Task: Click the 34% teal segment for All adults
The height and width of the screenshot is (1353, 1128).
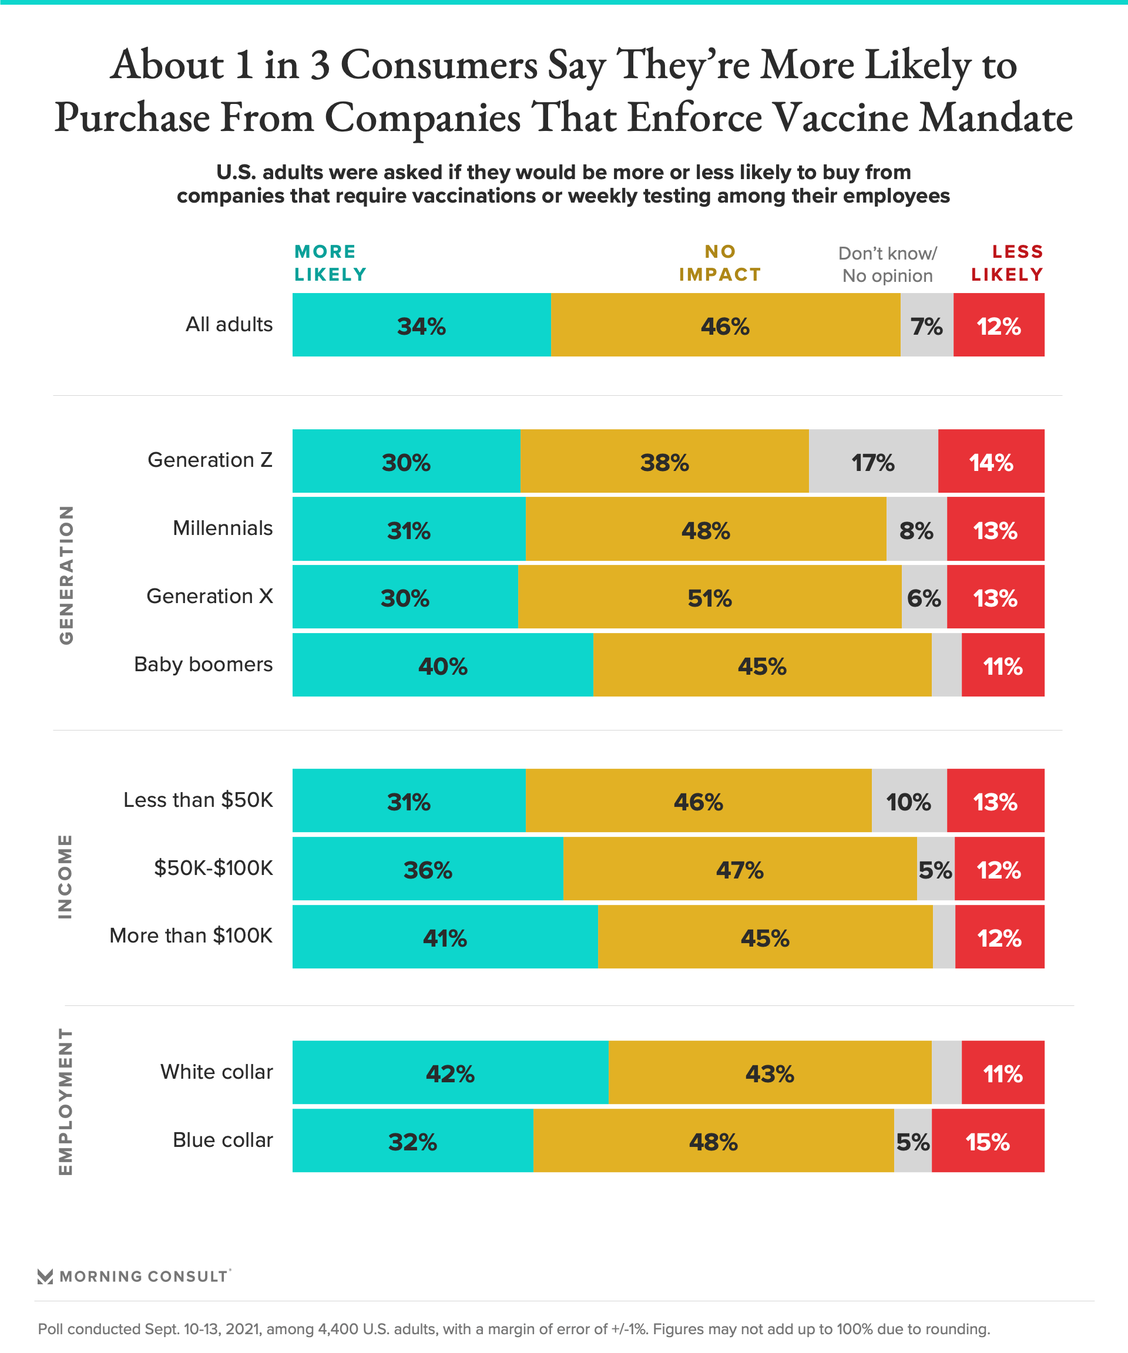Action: (422, 325)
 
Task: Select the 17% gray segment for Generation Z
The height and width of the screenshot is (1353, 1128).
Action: (873, 462)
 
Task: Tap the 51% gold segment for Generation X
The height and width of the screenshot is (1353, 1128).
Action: (709, 597)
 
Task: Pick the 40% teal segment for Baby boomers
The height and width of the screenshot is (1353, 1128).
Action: (442, 665)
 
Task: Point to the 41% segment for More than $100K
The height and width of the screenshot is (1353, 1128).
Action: (445, 937)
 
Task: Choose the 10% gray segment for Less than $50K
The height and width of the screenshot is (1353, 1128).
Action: (909, 801)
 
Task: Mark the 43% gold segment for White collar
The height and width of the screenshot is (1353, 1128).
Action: (770, 1073)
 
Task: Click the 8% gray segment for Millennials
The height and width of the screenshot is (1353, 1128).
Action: (916, 530)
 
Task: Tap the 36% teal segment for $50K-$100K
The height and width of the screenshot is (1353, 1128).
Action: (427, 869)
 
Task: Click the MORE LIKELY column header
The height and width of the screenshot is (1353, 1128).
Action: (330, 263)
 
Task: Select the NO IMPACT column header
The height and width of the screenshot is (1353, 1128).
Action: (720, 263)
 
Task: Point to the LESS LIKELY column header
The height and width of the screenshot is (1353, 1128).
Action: (1007, 263)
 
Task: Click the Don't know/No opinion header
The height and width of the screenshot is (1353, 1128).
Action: (888, 264)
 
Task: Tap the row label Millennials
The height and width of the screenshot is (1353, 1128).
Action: (223, 529)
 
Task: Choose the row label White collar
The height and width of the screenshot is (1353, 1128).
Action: (217, 1072)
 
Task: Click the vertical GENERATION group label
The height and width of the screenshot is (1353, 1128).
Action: (66, 575)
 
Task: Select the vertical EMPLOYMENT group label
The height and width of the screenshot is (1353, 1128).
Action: (66, 1102)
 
